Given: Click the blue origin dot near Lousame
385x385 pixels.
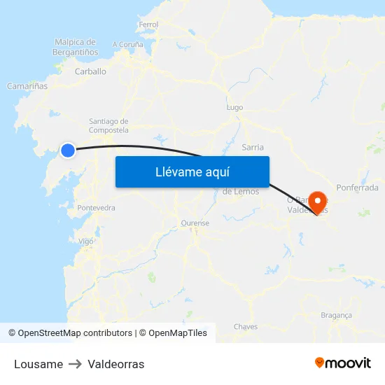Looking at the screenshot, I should [68, 150].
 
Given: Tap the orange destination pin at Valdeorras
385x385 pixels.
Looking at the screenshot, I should [318, 202].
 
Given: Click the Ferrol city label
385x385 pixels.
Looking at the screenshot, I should [148, 24].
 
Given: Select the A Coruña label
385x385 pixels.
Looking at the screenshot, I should [127, 44].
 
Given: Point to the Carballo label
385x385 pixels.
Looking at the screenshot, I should [90, 71].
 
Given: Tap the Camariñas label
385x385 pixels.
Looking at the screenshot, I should [27, 86].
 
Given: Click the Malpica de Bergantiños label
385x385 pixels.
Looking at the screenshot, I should [75, 47].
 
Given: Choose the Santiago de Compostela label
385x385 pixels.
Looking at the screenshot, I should [108, 125].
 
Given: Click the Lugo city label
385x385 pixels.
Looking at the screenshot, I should [234, 108].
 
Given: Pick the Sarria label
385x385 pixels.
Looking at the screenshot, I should [252, 147].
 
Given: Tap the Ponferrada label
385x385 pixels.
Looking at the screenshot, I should [357, 188].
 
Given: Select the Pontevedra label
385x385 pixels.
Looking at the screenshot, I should [96, 208].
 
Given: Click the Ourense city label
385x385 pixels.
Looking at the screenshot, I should [195, 223].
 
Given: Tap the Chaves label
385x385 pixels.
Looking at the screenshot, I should [246, 327].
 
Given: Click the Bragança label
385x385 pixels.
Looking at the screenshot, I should [336, 315].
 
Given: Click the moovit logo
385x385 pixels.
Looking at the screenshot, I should [343, 363].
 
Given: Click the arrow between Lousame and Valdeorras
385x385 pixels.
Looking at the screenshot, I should [75, 364].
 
